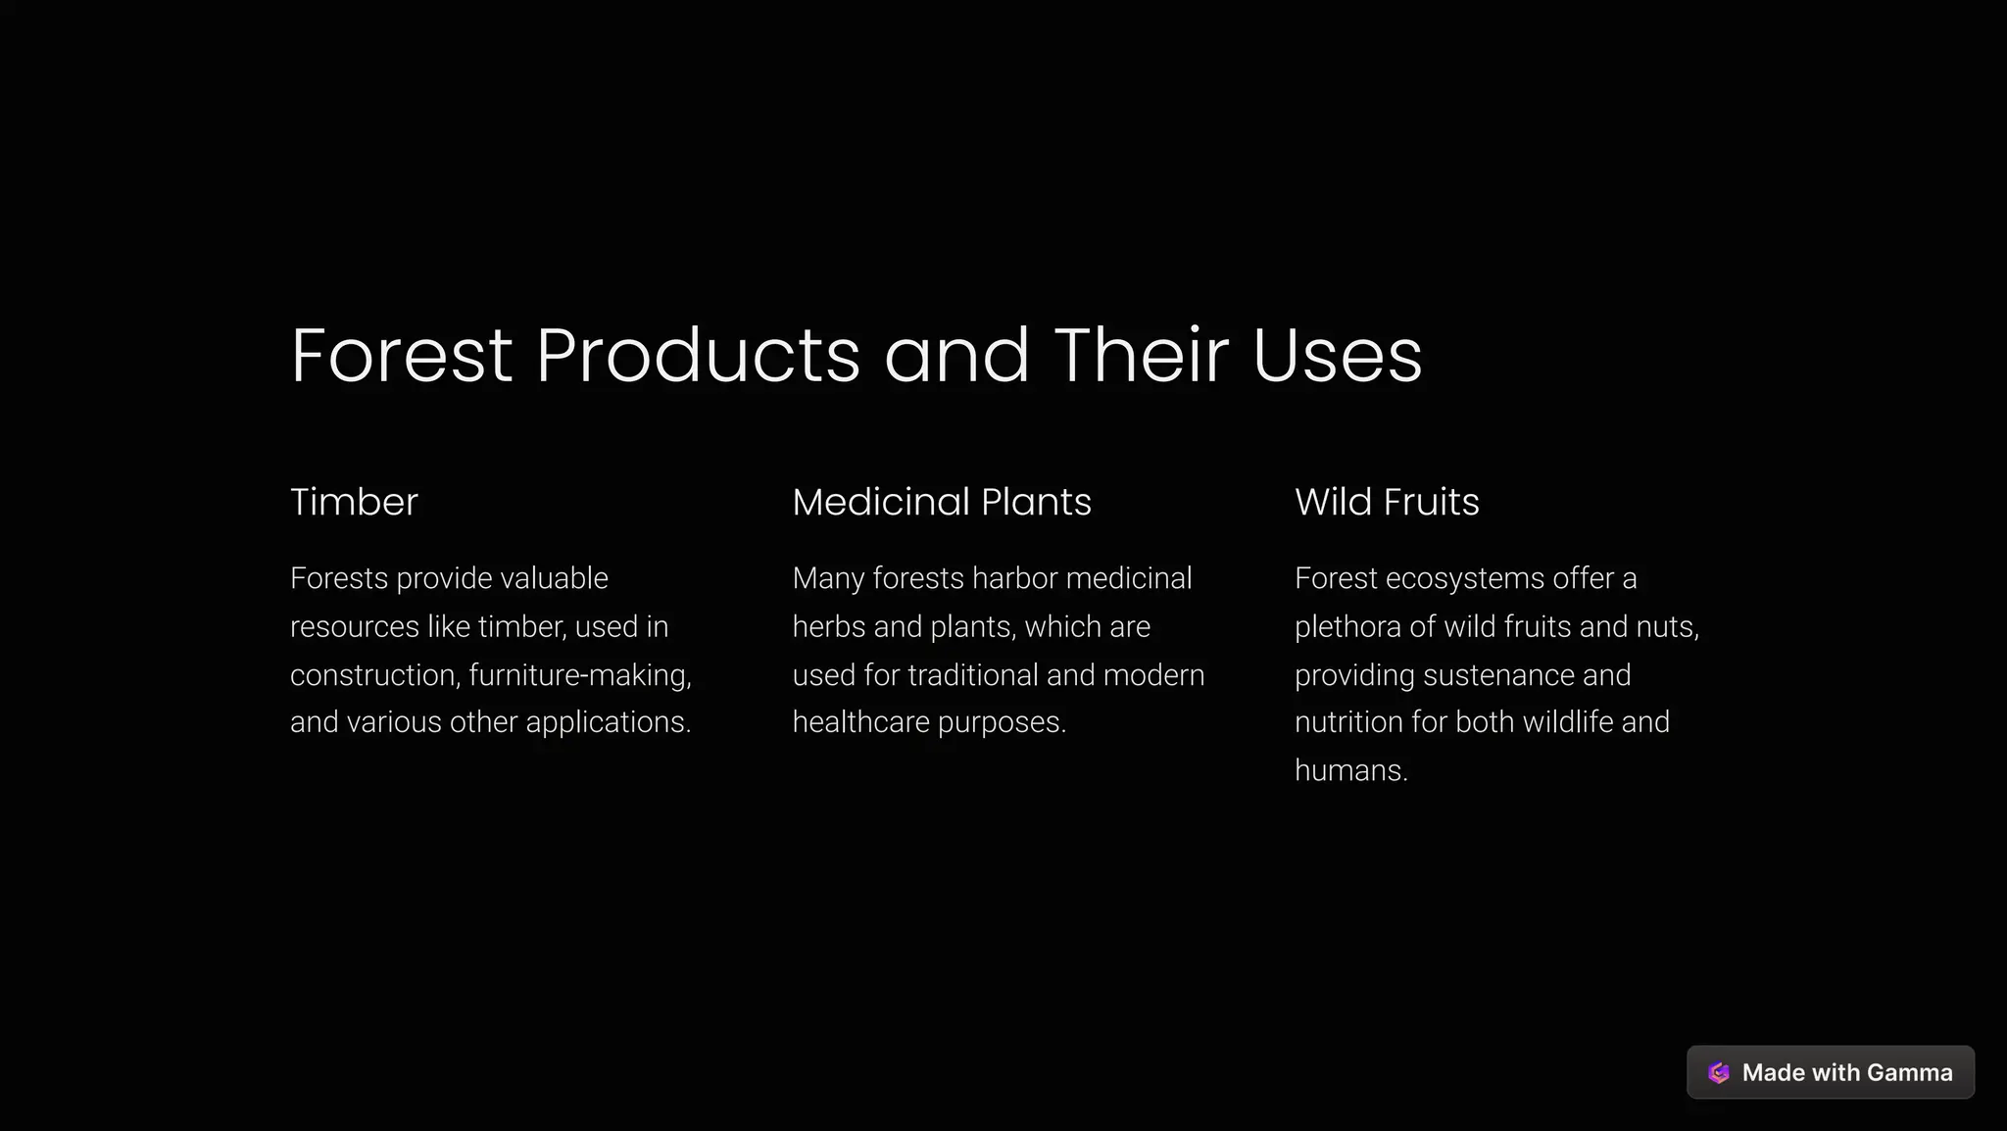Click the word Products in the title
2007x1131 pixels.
[698, 355]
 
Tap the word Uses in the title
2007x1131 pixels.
[1337, 355]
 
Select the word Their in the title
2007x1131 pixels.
[1141, 355]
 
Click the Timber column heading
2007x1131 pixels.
[354, 502]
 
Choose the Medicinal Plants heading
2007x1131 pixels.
[941, 502]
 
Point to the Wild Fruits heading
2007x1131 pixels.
[1387, 502]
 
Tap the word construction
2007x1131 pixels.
[373, 675]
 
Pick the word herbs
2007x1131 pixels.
[828, 626]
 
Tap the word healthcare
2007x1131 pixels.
[860, 722]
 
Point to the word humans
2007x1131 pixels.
[1349, 770]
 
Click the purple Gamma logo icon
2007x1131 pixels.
[1719, 1073]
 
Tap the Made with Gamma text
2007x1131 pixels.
[1846, 1073]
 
